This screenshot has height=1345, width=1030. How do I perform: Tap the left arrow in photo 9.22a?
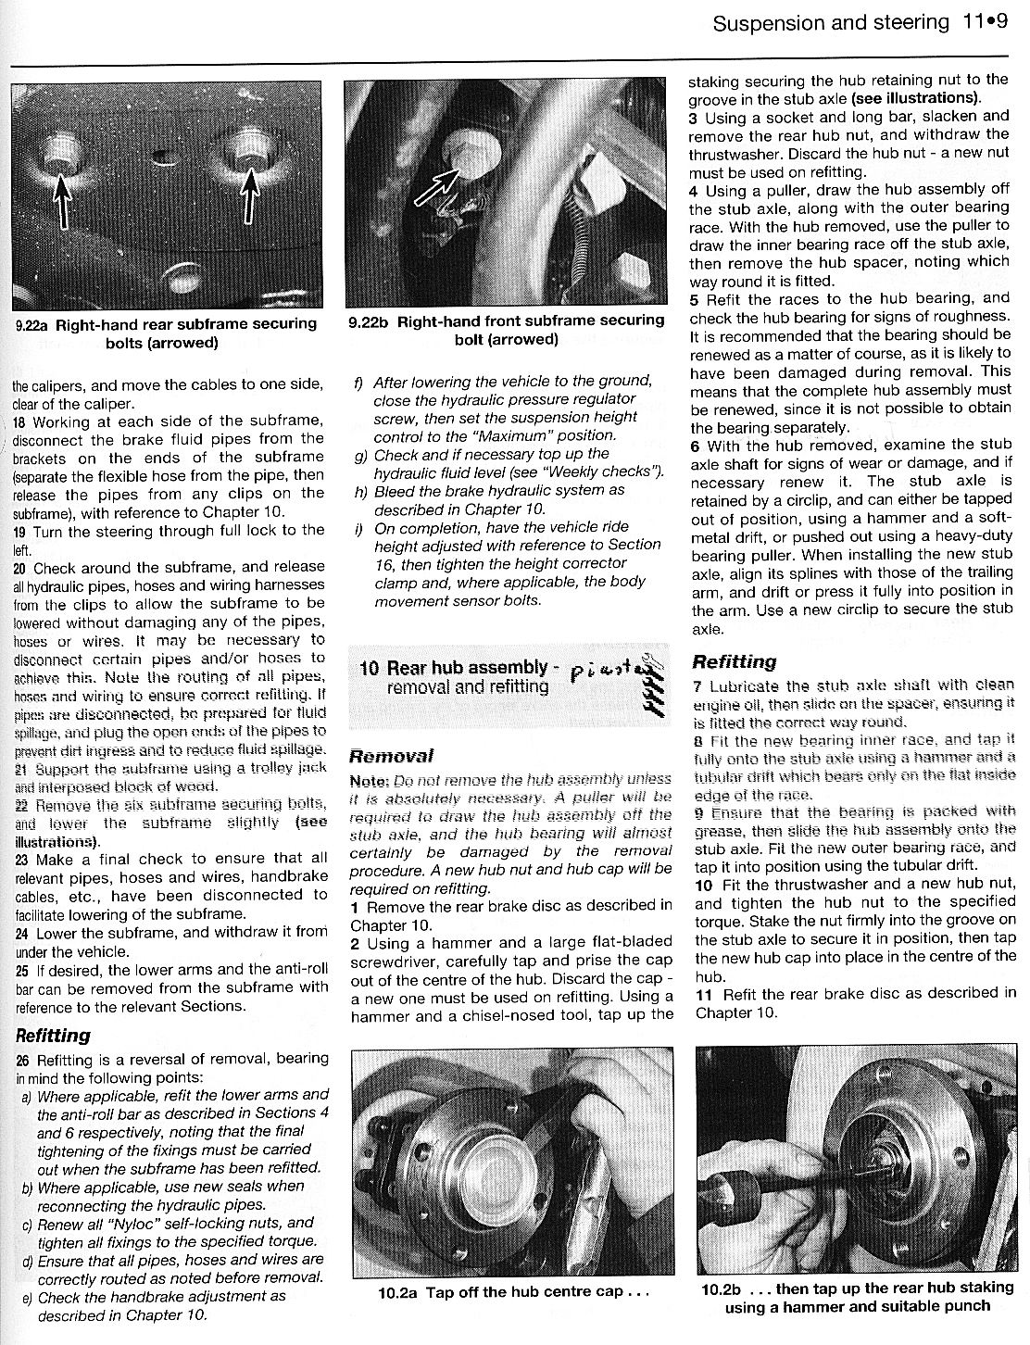pos(61,199)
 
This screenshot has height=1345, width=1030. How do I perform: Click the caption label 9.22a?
pos(34,325)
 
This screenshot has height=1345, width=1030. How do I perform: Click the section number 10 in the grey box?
pos(369,668)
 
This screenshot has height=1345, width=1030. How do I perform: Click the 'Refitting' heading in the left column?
pos(53,1035)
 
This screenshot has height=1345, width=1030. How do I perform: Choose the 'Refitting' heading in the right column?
pos(734,661)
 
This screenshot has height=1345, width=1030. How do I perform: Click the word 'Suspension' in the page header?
pos(768,21)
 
